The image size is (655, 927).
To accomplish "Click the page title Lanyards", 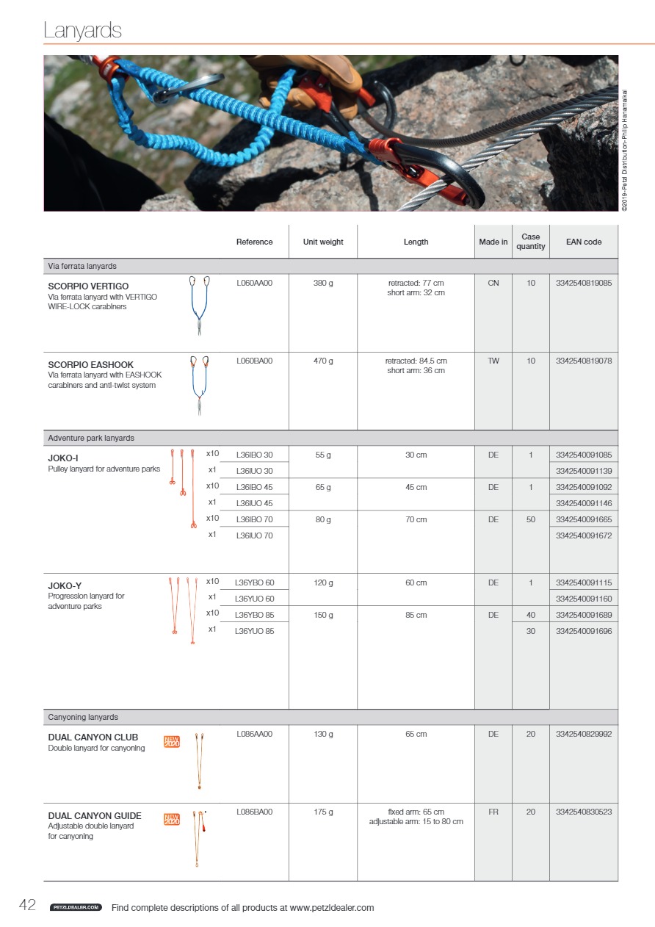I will coord(82,31).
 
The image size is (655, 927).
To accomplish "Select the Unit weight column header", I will coord(323,242).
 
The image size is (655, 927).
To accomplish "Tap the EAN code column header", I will coord(584,242).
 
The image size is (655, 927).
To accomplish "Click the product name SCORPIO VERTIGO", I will coord(88,286).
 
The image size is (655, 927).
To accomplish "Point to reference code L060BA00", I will coord(255,361).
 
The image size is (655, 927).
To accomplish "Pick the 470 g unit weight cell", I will coord(323,361).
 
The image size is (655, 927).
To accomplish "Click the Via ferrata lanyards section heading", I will coord(82,266).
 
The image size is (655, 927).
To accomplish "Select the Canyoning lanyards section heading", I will coord(83,717).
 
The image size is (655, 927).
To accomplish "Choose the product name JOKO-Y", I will coord(65,585).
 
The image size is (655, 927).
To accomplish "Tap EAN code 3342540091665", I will coord(584,519).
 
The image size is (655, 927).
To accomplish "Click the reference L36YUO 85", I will coord(254,631).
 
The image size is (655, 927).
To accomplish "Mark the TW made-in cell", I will coord(493,361).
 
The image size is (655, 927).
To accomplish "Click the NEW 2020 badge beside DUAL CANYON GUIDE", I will coord(172,819).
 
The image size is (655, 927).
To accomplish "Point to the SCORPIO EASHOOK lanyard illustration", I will coord(199,386).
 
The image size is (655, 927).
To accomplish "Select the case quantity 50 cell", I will coord(531,519).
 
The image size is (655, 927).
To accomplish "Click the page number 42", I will coord(27,906).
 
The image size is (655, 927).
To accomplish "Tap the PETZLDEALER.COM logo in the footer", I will coord(75,908).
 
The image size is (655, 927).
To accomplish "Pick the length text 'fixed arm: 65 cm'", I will coord(416,812).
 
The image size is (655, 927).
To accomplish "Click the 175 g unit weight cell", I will coord(323,812).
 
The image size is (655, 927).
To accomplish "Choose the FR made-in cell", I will coord(493,812).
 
